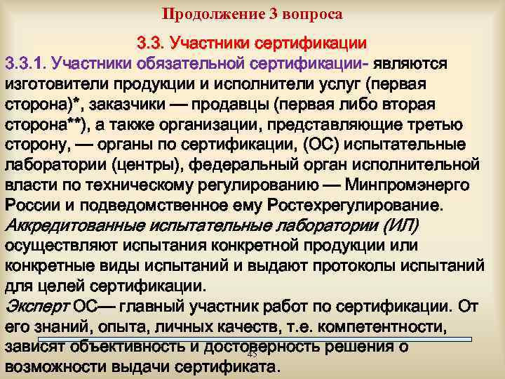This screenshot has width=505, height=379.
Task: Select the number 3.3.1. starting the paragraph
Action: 27,65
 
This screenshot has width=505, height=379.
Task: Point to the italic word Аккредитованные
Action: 71,226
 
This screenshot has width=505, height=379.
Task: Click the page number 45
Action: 252,355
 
